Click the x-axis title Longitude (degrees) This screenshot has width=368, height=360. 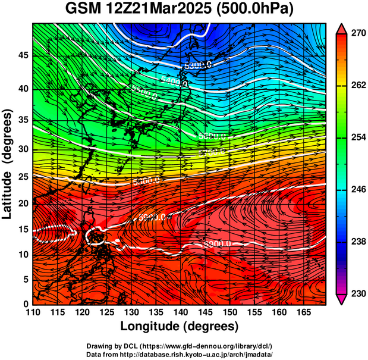click(179, 326)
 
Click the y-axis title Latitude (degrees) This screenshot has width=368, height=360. click(8, 164)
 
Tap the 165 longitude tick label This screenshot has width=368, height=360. click(302, 312)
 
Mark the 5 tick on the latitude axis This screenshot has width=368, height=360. click(25, 279)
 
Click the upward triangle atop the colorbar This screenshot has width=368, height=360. click(342, 28)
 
